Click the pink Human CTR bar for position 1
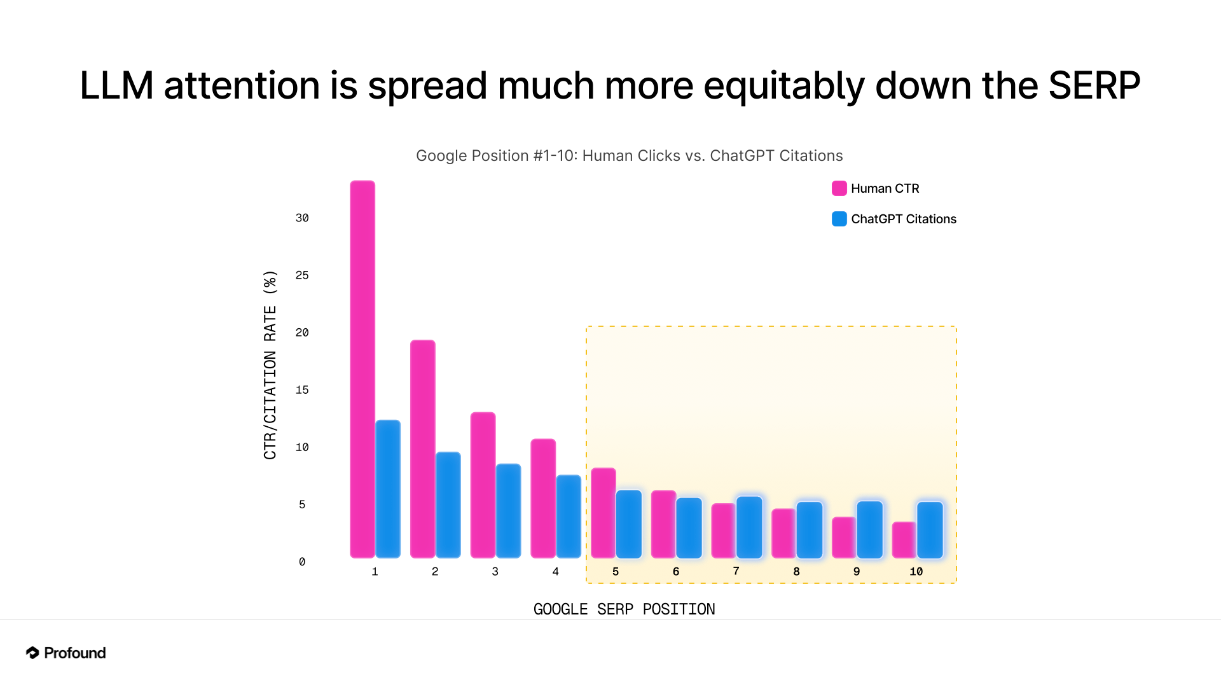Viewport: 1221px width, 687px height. coord(362,369)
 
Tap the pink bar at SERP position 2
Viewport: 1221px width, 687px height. coord(423,448)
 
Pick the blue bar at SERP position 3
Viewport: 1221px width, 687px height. coord(508,511)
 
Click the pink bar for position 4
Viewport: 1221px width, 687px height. coord(543,498)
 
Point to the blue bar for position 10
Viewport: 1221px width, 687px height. coord(930,530)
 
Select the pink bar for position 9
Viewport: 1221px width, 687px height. coord(844,538)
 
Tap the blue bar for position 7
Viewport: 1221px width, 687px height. coord(749,527)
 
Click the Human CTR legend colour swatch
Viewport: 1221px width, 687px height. coord(839,188)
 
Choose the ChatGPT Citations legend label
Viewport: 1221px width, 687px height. coord(903,219)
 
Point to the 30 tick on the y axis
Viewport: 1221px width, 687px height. coord(302,218)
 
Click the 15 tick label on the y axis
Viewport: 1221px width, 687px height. coord(302,390)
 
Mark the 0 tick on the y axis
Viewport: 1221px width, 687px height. coord(302,562)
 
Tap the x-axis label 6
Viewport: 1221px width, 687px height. coord(676,571)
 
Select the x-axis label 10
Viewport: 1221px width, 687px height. coord(916,571)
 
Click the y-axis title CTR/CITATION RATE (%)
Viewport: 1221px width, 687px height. coord(270,364)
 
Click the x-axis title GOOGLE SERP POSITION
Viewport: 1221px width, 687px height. coord(624,609)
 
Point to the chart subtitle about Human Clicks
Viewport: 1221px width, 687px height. coord(629,156)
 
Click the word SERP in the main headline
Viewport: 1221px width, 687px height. coord(1094,86)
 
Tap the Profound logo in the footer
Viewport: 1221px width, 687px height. coord(66,653)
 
